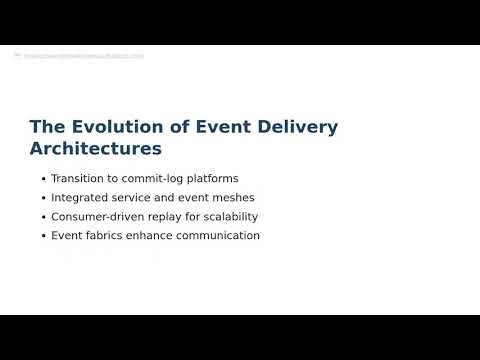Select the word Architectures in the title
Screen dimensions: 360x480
(x=96, y=148)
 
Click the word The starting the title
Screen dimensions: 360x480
(x=47, y=127)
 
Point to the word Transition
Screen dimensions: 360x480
(x=79, y=179)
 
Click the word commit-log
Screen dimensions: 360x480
(x=153, y=179)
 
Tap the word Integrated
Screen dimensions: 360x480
(x=81, y=198)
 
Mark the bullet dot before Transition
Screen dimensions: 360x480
(x=43, y=179)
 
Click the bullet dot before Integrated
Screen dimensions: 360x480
(x=43, y=198)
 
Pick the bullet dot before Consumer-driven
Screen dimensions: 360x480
(x=43, y=217)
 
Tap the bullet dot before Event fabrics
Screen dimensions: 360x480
(x=43, y=236)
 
